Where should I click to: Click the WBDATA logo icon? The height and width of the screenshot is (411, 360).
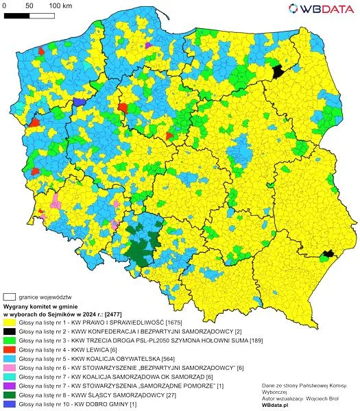coord(293,8)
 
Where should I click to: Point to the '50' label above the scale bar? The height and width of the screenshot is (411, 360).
coord(29,6)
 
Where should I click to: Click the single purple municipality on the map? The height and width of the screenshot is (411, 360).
coord(147,45)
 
